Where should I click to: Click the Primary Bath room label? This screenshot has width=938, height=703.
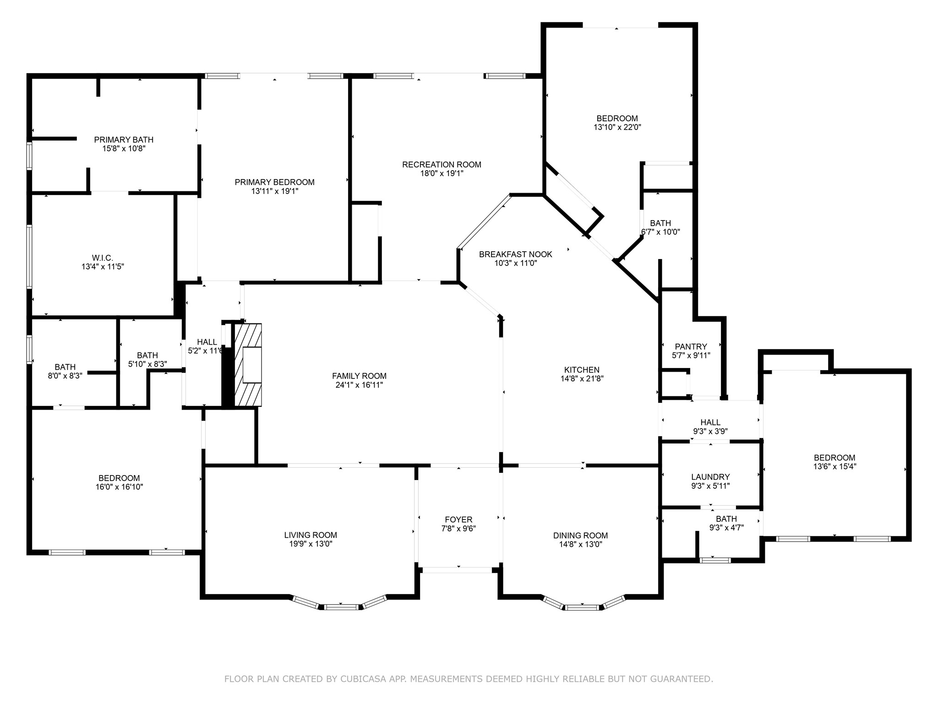pyautogui.click(x=124, y=140)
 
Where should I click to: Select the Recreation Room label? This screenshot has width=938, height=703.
pyautogui.click(x=442, y=165)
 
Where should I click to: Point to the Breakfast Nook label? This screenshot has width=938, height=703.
pyautogui.click(x=516, y=254)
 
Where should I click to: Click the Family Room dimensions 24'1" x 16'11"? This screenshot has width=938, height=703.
pyautogui.click(x=359, y=385)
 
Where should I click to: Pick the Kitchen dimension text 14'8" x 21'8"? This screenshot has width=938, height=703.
pyautogui.click(x=582, y=379)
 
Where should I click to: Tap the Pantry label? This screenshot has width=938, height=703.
pyautogui.click(x=691, y=347)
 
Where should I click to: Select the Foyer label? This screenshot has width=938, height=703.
pyautogui.click(x=458, y=520)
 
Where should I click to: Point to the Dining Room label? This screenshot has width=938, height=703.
pyautogui.click(x=580, y=536)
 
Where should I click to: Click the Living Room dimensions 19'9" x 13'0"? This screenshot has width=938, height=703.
pyautogui.click(x=311, y=544)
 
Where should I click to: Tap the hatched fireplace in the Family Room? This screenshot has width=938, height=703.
pyautogui.click(x=248, y=365)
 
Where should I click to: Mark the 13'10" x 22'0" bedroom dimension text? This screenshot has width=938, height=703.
pyautogui.click(x=617, y=128)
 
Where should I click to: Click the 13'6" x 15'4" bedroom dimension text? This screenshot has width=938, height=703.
pyautogui.click(x=834, y=467)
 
